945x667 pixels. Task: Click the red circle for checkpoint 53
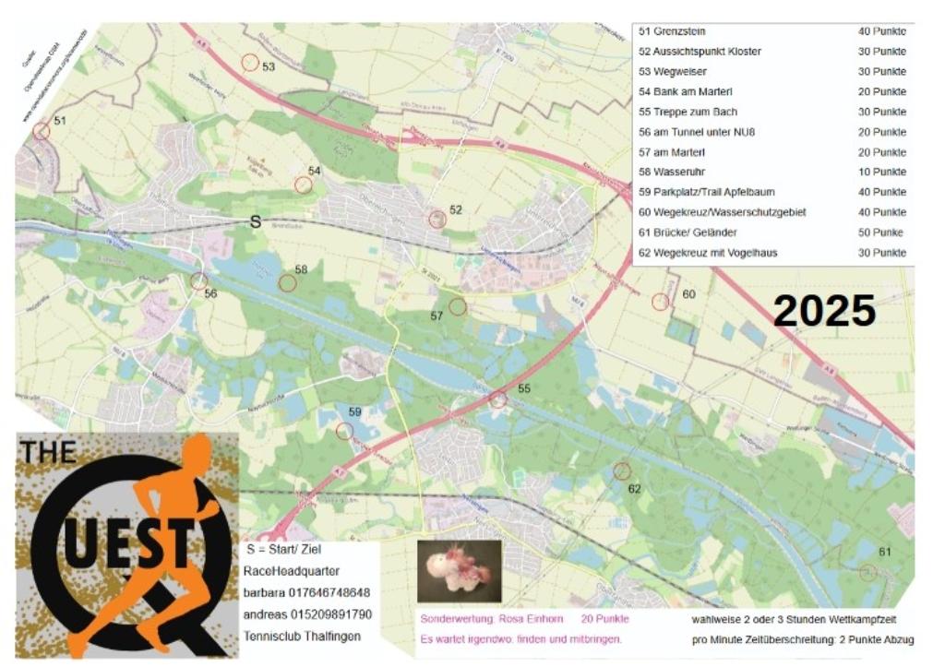click(249, 63)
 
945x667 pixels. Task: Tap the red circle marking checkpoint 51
click(41, 131)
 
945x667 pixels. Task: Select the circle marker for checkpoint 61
click(867, 572)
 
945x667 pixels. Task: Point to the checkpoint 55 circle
click(498, 399)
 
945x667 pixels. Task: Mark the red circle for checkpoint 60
click(660, 302)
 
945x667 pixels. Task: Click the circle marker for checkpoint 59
click(344, 431)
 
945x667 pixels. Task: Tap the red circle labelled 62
click(622, 470)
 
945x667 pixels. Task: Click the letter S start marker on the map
click(256, 222)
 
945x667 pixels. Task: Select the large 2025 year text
click(824, 311)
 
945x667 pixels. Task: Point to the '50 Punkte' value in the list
click(880, 232)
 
